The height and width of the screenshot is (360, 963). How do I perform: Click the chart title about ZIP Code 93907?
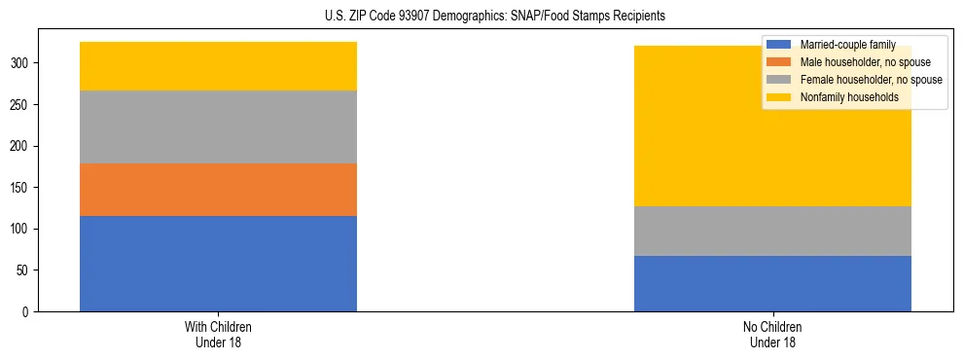[x=495, y=17]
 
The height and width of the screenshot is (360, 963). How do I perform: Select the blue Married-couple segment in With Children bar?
[x=218, y=264]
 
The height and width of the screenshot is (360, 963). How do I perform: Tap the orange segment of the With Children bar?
[x=218, y=190]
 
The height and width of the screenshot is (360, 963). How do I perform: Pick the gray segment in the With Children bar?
[x=218, y=126]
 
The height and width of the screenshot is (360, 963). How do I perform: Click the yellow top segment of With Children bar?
[x=218, y=66]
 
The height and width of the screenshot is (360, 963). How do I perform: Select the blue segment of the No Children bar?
[x=772, y=283]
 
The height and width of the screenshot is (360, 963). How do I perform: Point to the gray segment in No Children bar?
[x=772, y=231]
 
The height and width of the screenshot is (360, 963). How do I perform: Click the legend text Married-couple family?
[x=847, y=45]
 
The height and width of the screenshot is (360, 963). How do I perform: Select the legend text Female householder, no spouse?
[x=871, y=80]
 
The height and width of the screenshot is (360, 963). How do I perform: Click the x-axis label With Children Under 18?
[x=218, y=334]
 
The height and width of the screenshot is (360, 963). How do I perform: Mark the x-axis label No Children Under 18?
[x=772, y=334]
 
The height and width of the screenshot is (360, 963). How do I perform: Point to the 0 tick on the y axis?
[x=29, y=312]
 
